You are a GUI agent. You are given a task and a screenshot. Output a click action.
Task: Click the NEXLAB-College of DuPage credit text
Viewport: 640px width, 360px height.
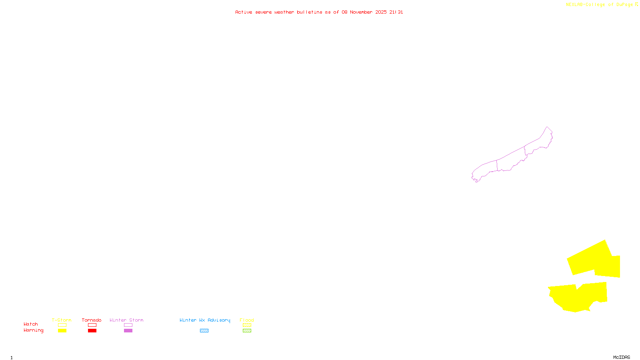point(600,5)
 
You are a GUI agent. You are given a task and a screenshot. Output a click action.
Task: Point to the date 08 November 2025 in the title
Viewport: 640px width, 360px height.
point(364,12)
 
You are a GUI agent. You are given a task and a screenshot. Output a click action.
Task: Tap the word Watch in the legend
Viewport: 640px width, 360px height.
point(31,324)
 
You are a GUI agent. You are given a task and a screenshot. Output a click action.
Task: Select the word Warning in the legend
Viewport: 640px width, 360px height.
point(33,330)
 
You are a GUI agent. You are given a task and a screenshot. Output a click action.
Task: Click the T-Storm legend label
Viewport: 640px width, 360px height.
point(62,320)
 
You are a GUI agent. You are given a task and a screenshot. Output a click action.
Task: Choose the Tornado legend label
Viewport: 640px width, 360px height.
point(92,320)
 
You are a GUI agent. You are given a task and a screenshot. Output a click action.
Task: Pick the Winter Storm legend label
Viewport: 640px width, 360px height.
point(126,320)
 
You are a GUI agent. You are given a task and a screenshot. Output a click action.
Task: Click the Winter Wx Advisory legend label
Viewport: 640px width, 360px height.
point(205,320)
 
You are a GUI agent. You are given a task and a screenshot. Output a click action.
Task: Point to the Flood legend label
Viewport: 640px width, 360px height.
point(247,320)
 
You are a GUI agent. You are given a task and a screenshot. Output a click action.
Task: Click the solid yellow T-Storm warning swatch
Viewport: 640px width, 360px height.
point(62,331)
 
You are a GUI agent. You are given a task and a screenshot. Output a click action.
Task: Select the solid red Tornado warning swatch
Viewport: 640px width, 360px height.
point(92,331)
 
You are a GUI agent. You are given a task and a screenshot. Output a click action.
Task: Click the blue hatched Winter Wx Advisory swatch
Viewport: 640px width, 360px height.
point(204,331)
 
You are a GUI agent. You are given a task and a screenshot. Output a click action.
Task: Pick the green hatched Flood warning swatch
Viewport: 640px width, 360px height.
point(247,331)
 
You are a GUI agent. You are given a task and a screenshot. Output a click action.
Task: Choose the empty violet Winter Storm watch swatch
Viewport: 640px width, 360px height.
point(128,325)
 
